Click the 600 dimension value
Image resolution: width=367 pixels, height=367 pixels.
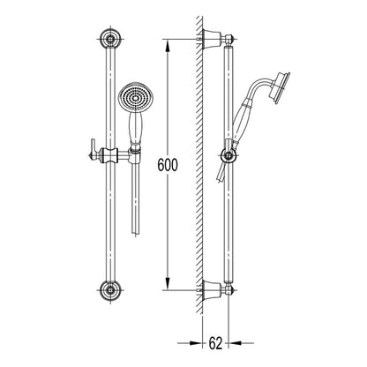pos(168,165)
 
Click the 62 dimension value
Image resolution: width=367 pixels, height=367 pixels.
pos(215,343)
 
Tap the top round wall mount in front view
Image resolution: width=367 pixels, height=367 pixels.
pos(110,39)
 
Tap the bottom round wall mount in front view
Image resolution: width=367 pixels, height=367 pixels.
pos(110,290)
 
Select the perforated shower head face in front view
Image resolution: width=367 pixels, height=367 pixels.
pos(136,98)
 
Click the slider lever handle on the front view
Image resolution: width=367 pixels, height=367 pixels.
pos(94,150)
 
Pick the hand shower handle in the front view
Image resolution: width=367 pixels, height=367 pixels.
pos(136,128)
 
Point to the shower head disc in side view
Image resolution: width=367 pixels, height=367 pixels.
pos(281,87)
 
